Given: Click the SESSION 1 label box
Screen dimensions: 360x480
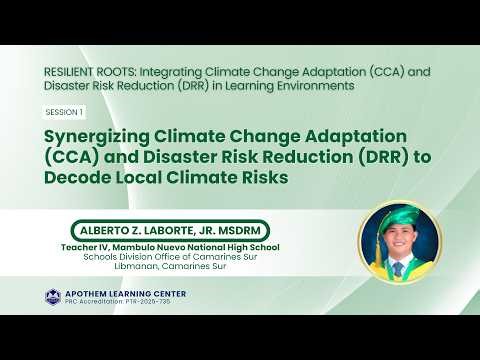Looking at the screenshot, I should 63,112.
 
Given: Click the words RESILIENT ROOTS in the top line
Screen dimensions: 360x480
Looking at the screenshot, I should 87,73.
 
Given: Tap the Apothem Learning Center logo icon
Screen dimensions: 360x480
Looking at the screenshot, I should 53,296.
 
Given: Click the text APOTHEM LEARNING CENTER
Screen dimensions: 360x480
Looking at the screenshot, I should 114,293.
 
